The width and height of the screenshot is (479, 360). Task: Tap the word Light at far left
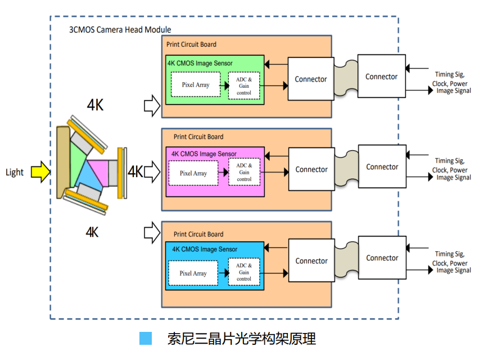15,172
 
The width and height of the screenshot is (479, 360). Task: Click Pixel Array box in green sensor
195,85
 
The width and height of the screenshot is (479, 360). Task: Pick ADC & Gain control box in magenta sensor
244,172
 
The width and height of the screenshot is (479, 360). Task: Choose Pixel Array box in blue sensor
193,273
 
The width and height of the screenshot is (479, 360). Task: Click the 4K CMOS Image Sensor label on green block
200,63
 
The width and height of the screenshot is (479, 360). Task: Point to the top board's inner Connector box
310,79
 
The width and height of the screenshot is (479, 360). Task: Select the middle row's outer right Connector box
382,166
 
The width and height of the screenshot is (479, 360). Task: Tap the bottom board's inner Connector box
311,261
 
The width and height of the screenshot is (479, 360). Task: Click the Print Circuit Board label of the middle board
198,137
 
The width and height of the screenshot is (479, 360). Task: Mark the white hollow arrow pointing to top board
152,105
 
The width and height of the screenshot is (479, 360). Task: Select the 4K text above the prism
95,105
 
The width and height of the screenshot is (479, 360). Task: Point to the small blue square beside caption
146,338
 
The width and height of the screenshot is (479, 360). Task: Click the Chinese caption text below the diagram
242,339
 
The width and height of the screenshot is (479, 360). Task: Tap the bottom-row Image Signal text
454,271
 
